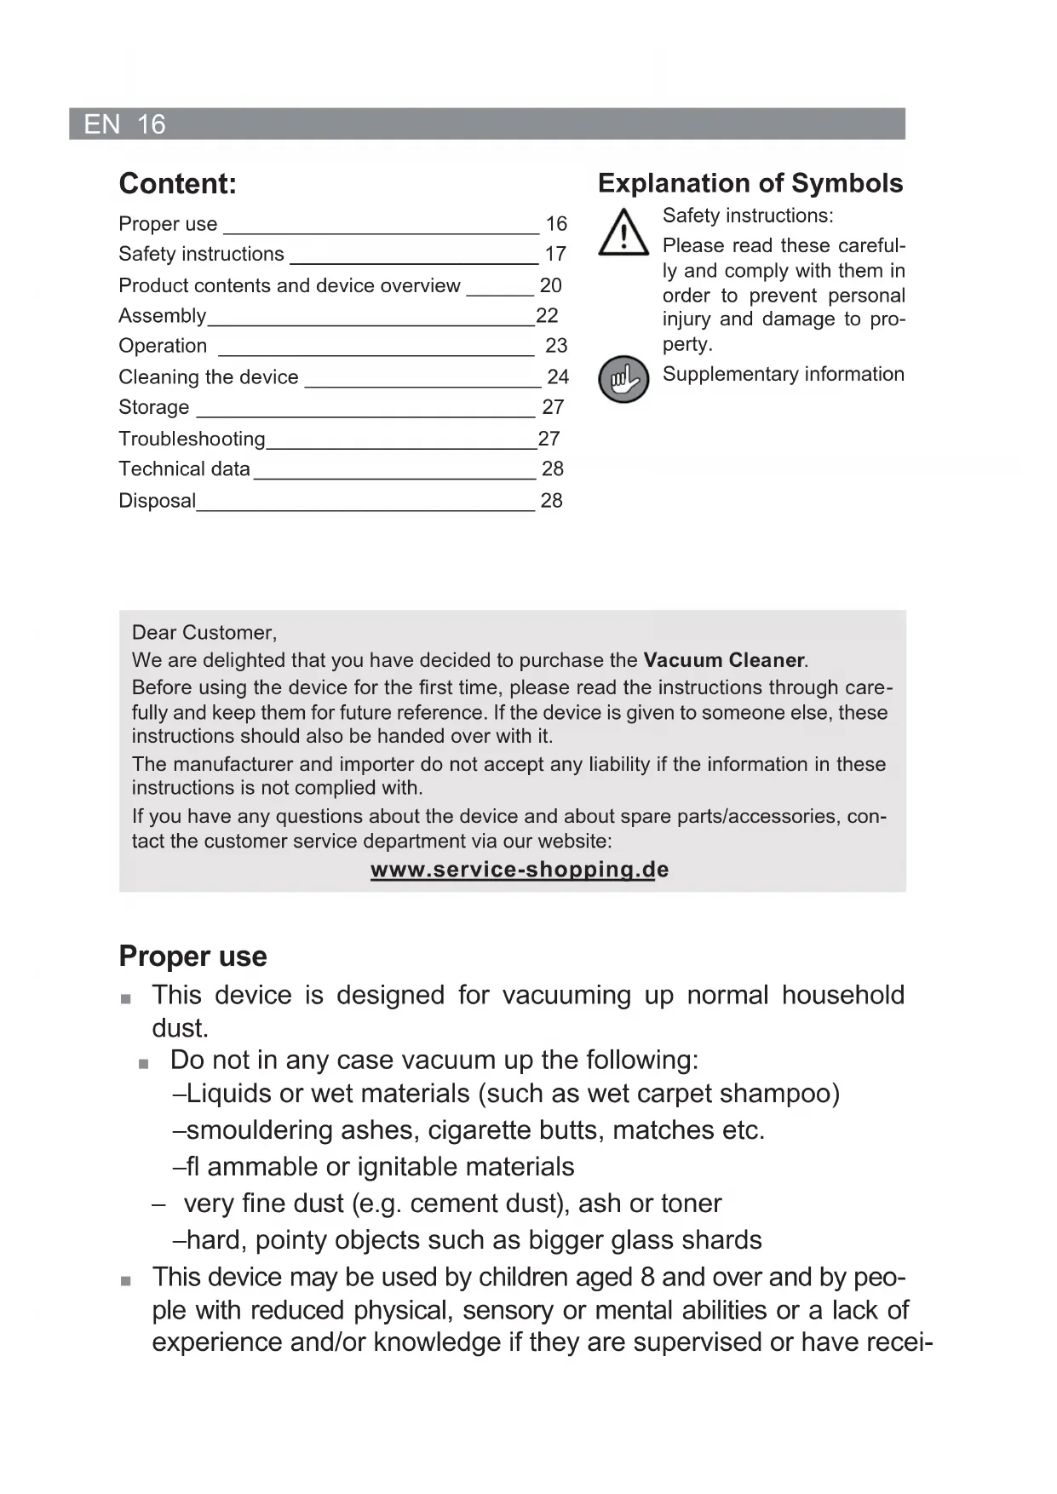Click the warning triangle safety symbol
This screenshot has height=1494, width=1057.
pos(623,233)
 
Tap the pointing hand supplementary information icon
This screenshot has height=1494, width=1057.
pos(623,379)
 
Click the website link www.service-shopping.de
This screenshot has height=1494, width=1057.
pos(519,870)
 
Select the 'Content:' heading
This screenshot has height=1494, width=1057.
pos(177,184)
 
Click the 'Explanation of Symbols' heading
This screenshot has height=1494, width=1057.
pos(750,183)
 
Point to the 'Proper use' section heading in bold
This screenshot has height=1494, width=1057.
pos(192,956)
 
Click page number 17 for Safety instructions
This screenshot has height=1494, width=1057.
pos(555,254)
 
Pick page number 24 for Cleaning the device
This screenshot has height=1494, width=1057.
pos(557,376)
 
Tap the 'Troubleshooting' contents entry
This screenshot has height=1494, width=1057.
pos(192,439)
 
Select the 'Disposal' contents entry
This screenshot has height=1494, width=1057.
pos(157,501)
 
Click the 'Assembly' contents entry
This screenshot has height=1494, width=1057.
pos(162,316)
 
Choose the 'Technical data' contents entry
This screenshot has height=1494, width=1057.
pos(184,469)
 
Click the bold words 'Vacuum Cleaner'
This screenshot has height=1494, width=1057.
pos(724,660)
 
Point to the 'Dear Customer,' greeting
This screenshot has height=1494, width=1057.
pos(204,633)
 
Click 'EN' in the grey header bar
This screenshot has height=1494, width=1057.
pos(101,124)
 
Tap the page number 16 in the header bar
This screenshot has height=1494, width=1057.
pos(151,124)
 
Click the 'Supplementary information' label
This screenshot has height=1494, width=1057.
pos(783,374)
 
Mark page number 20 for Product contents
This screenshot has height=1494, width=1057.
pos(550,285)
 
